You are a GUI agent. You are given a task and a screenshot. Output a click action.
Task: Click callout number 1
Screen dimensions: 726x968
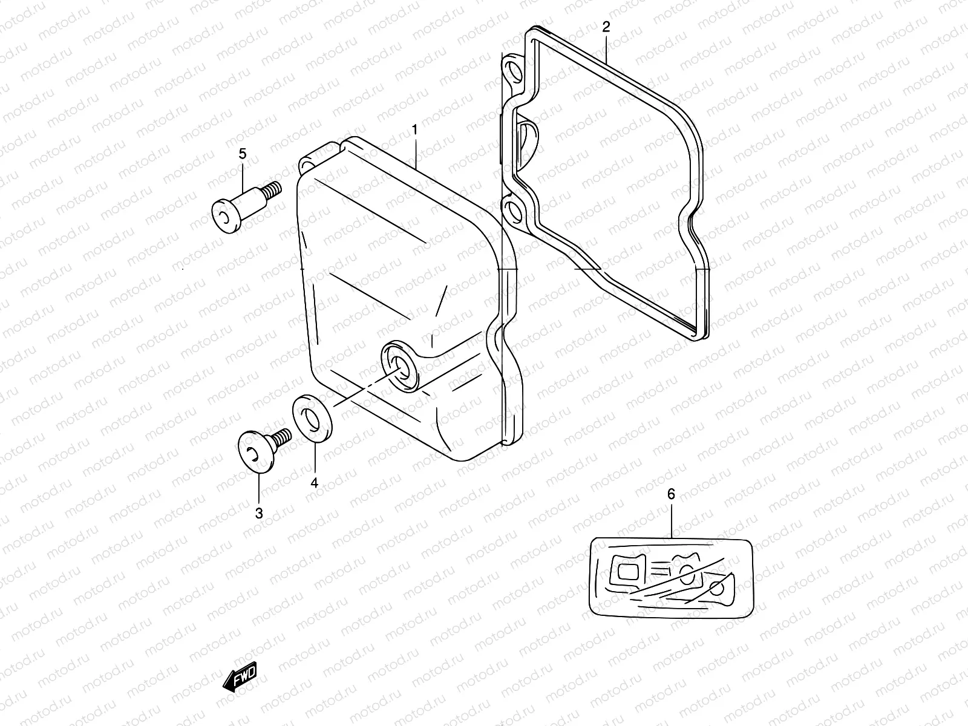point(415,129)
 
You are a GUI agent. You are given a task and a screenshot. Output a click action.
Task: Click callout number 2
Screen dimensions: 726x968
point(606,27)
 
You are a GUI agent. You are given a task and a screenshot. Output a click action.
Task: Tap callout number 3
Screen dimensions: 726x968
point(259,513)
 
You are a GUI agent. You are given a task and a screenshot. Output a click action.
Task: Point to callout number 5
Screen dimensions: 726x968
point(243,154)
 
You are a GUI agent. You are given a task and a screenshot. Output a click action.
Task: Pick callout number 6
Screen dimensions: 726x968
point(671,494)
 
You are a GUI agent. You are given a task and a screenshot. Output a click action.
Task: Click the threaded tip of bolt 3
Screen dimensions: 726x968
point(282,435)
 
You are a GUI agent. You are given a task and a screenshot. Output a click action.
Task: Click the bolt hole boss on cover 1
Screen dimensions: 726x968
point(399,365)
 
